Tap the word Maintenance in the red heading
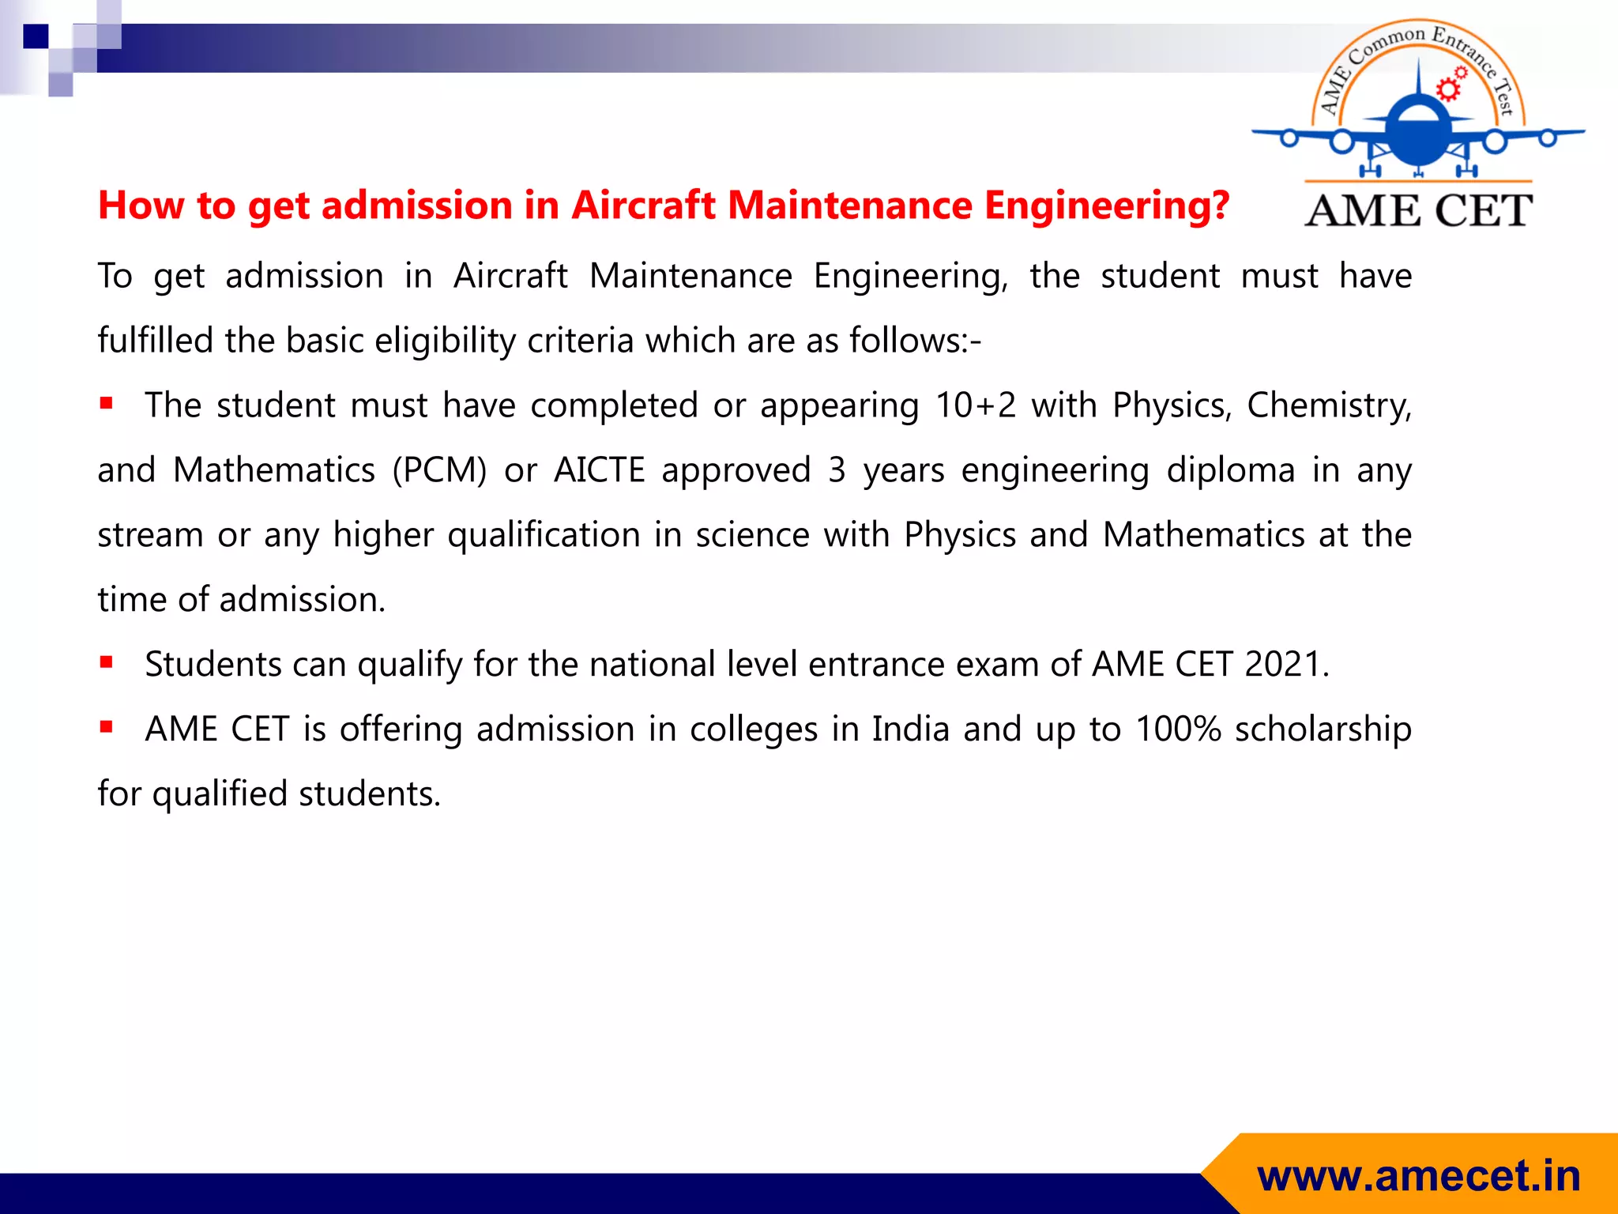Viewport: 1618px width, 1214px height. tap(849, 206)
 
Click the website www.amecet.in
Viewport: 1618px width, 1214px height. tap(1418, 1176)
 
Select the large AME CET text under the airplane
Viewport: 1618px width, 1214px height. tap(1418, 211)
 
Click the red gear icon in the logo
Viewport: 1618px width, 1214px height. tap(1448, 89)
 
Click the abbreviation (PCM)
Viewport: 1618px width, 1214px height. tap(439, 470)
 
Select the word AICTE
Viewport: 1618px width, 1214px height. tap(599, 470)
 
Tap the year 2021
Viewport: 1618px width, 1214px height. tap(1281, 665)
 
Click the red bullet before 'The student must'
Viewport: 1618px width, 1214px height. tap(107, 404)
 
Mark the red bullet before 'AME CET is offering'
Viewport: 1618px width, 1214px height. tap(107, 727)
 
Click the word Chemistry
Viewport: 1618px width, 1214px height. tap(1328, 405)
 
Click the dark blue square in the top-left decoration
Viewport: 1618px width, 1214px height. tap(36, 36)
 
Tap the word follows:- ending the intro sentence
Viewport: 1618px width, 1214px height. tap(914, 341)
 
